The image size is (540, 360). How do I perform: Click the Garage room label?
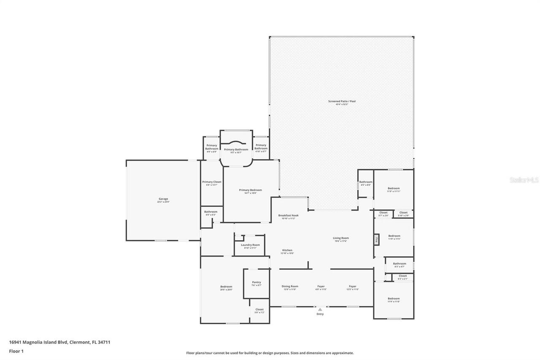[163, 199]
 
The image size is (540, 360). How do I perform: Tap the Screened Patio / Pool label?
[342, 101]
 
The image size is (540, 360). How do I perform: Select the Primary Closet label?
[211, 182]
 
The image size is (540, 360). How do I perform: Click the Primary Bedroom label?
[250, 190]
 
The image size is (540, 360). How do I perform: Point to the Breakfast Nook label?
[289, 215]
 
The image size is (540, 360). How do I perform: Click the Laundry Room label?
[250, 245]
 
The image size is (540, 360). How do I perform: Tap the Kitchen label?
[287, 250]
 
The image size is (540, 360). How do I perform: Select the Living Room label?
[341, 238]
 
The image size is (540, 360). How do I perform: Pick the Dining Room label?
[290, 286]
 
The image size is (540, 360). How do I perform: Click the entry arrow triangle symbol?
[320, 309]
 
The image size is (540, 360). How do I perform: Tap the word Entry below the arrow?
[320, 314]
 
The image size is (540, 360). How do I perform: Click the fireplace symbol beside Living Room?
[376, 240]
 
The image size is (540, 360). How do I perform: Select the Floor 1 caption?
[16, 351]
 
